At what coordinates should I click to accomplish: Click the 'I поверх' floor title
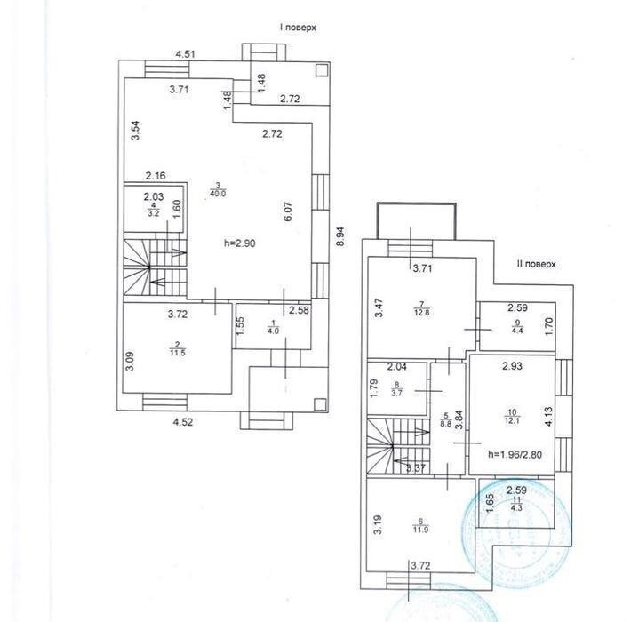click(298, 28)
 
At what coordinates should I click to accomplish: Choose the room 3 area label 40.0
click(217, 188)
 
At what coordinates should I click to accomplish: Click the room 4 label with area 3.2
click(153, 210)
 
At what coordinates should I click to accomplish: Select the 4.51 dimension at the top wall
click(185, 54)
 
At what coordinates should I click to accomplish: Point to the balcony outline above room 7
click(415, 220)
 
